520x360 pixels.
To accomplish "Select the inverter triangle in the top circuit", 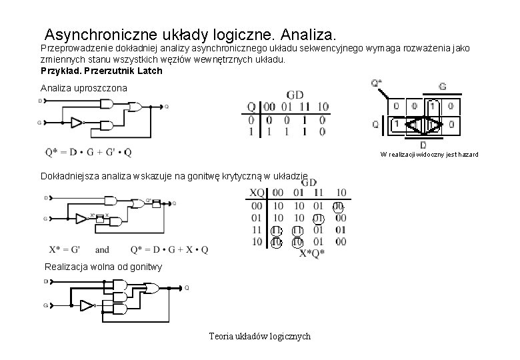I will pos(76,123).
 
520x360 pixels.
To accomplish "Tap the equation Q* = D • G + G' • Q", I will pos(89,153).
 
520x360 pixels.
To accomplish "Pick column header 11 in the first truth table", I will pos(304,107).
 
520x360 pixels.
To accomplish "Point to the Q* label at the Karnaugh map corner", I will pos(377,83).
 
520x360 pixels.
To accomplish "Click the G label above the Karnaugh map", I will pos(442,86).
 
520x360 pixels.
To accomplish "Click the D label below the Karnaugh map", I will pos(423,145).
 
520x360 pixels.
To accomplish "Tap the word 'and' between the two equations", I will pos(102,250).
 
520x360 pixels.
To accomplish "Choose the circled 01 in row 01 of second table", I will pos(319,218).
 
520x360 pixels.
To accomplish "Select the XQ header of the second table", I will pos(257,193).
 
